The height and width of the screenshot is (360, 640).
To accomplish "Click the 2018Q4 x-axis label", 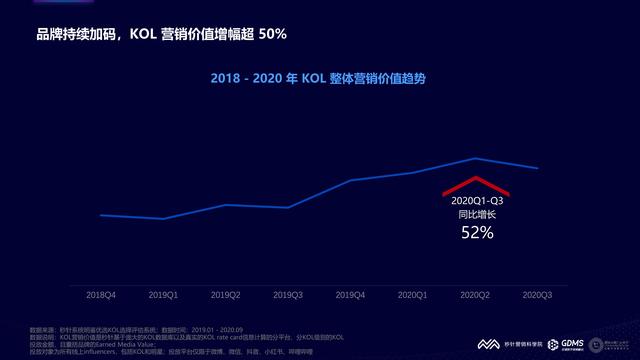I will pos(101,295).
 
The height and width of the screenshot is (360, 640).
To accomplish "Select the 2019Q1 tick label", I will pos(164,295).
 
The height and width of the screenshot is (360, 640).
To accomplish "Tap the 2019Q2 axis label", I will pos(226,295).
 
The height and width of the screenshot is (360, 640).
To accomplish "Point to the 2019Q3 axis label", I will pos(289,295).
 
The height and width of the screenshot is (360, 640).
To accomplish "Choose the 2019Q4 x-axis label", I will pos(351,295).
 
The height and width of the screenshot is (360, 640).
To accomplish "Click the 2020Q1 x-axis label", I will pos(413,295).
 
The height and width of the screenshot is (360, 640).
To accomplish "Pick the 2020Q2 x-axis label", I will pos(476,295).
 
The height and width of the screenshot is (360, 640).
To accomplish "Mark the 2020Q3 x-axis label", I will pos(538,295).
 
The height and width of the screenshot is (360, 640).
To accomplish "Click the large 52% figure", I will pos(477,233).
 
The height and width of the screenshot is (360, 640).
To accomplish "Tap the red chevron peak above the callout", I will pos(477,178).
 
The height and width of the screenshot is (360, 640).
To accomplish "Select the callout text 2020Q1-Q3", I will pos(477,200).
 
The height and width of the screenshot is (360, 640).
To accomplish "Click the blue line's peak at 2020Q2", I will pos(477,158).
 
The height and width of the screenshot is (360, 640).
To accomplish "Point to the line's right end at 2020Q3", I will pos(539,168).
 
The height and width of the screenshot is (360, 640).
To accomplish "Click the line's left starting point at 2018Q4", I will pos(101,214).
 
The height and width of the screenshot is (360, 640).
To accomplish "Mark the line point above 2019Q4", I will pos(351,181).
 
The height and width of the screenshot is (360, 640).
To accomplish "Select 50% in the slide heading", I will pos(272,35).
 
